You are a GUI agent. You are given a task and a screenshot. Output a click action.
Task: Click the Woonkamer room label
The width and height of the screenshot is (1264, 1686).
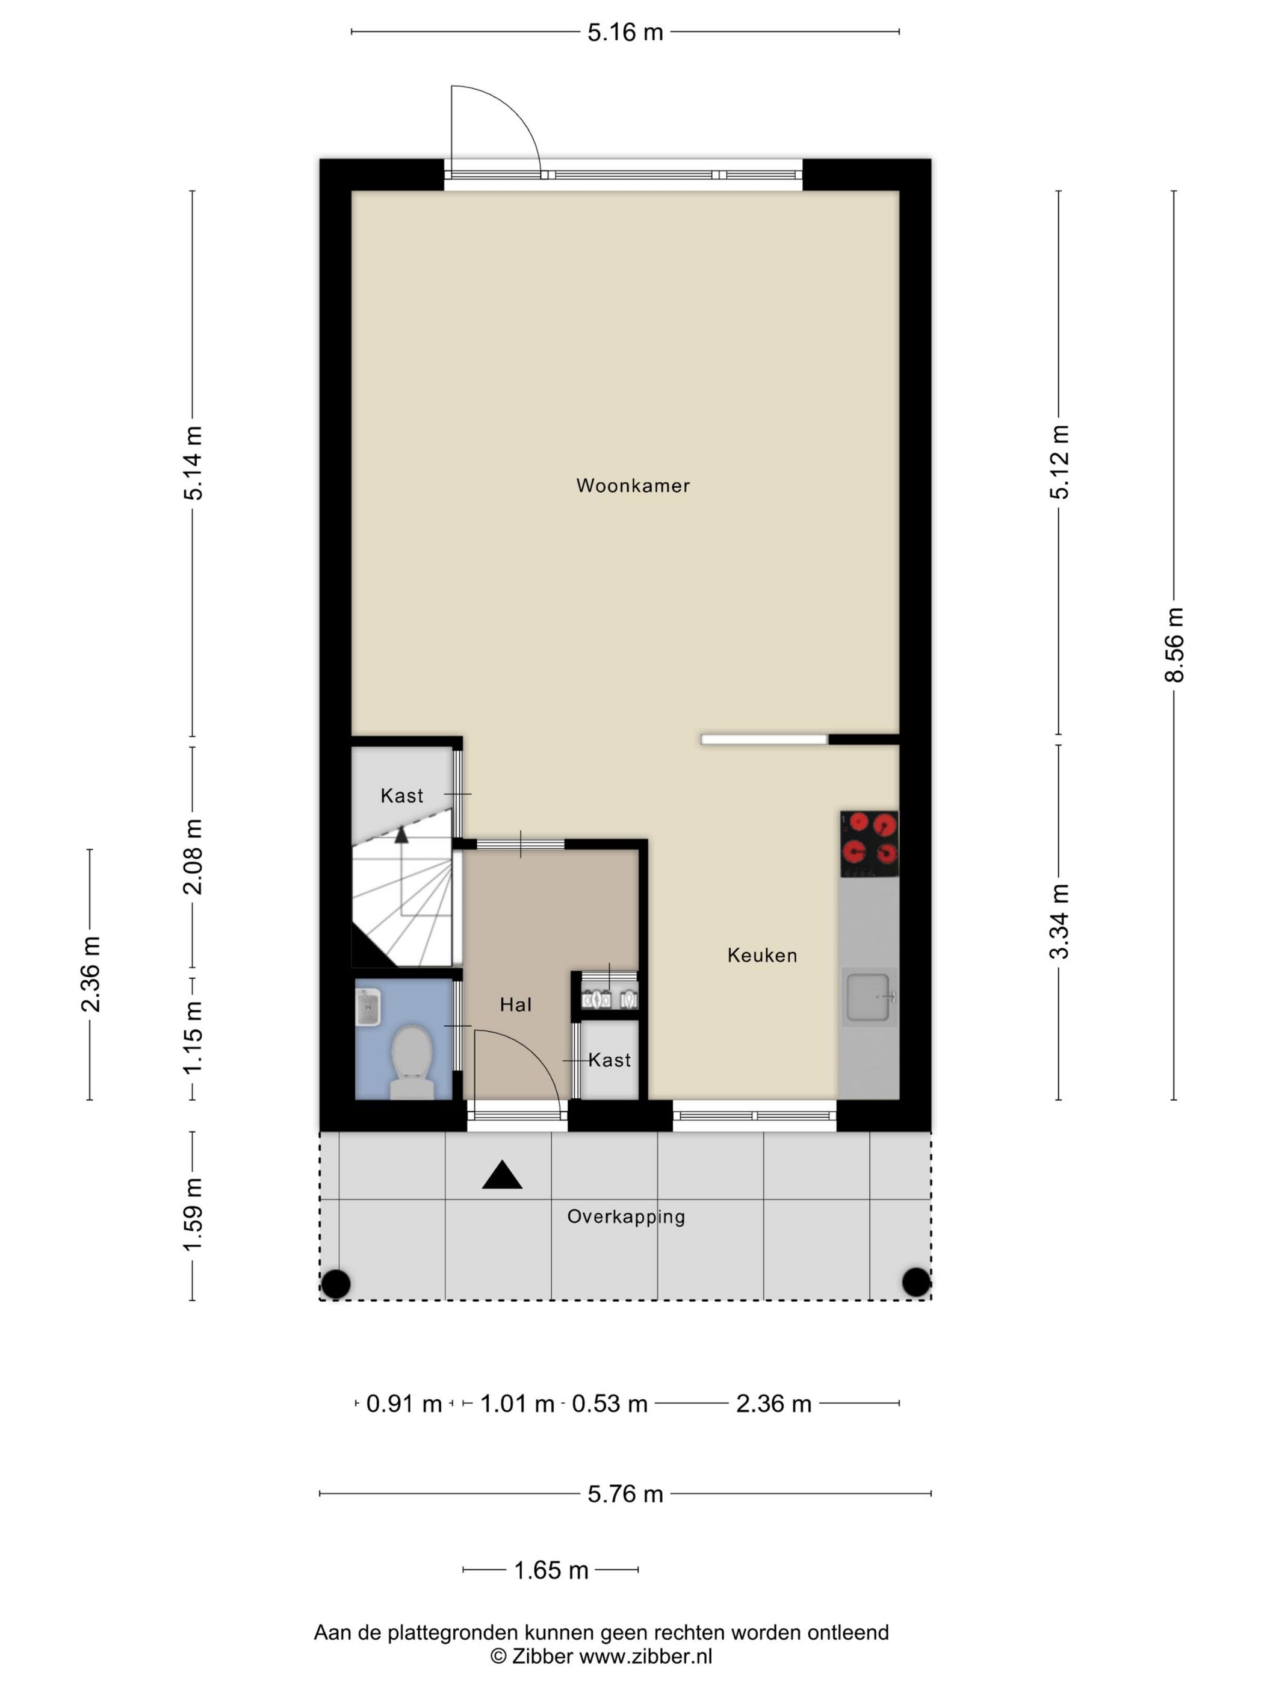tap(633, 485)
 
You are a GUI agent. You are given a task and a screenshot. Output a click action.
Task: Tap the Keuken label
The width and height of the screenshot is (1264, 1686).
tap(762, 955)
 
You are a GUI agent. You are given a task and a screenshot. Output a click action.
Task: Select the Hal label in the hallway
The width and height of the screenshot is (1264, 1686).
tap(516, 1004)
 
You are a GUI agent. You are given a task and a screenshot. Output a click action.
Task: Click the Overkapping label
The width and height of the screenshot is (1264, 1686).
tap(627, 1216)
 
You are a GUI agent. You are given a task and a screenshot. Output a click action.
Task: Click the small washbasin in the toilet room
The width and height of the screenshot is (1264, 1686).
tap(369, 1007)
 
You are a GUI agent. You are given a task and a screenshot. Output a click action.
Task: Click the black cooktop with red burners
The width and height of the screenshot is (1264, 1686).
tap(869, 844)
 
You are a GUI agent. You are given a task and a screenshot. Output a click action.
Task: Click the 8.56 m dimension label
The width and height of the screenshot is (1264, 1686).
tap(1174, 645)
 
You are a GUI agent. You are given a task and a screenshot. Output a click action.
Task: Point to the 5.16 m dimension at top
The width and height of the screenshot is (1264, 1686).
tap(625, 32)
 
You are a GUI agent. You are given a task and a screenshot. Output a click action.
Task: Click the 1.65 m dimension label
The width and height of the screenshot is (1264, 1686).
tap(551, 1570)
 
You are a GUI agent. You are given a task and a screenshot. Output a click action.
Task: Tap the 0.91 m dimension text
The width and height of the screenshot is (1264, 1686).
tap(404, 1403)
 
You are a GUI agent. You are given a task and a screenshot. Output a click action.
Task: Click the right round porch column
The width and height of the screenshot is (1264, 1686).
tap(916, 1282)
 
